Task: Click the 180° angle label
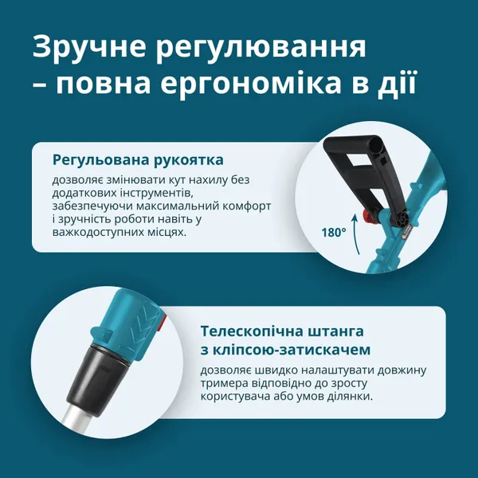pos(334,233)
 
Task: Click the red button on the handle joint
pos(369,217)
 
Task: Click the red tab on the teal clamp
pos(161,323)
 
